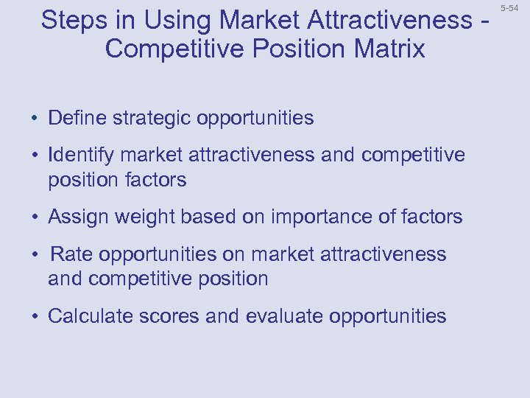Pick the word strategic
tap(154, 118)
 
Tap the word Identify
tap(81, 156)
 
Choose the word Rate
tap(71, 254)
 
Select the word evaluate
tap(284, 316)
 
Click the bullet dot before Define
tap(35, 119)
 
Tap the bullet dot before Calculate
tap(35, 317)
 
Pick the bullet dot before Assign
tap(35, 217)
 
